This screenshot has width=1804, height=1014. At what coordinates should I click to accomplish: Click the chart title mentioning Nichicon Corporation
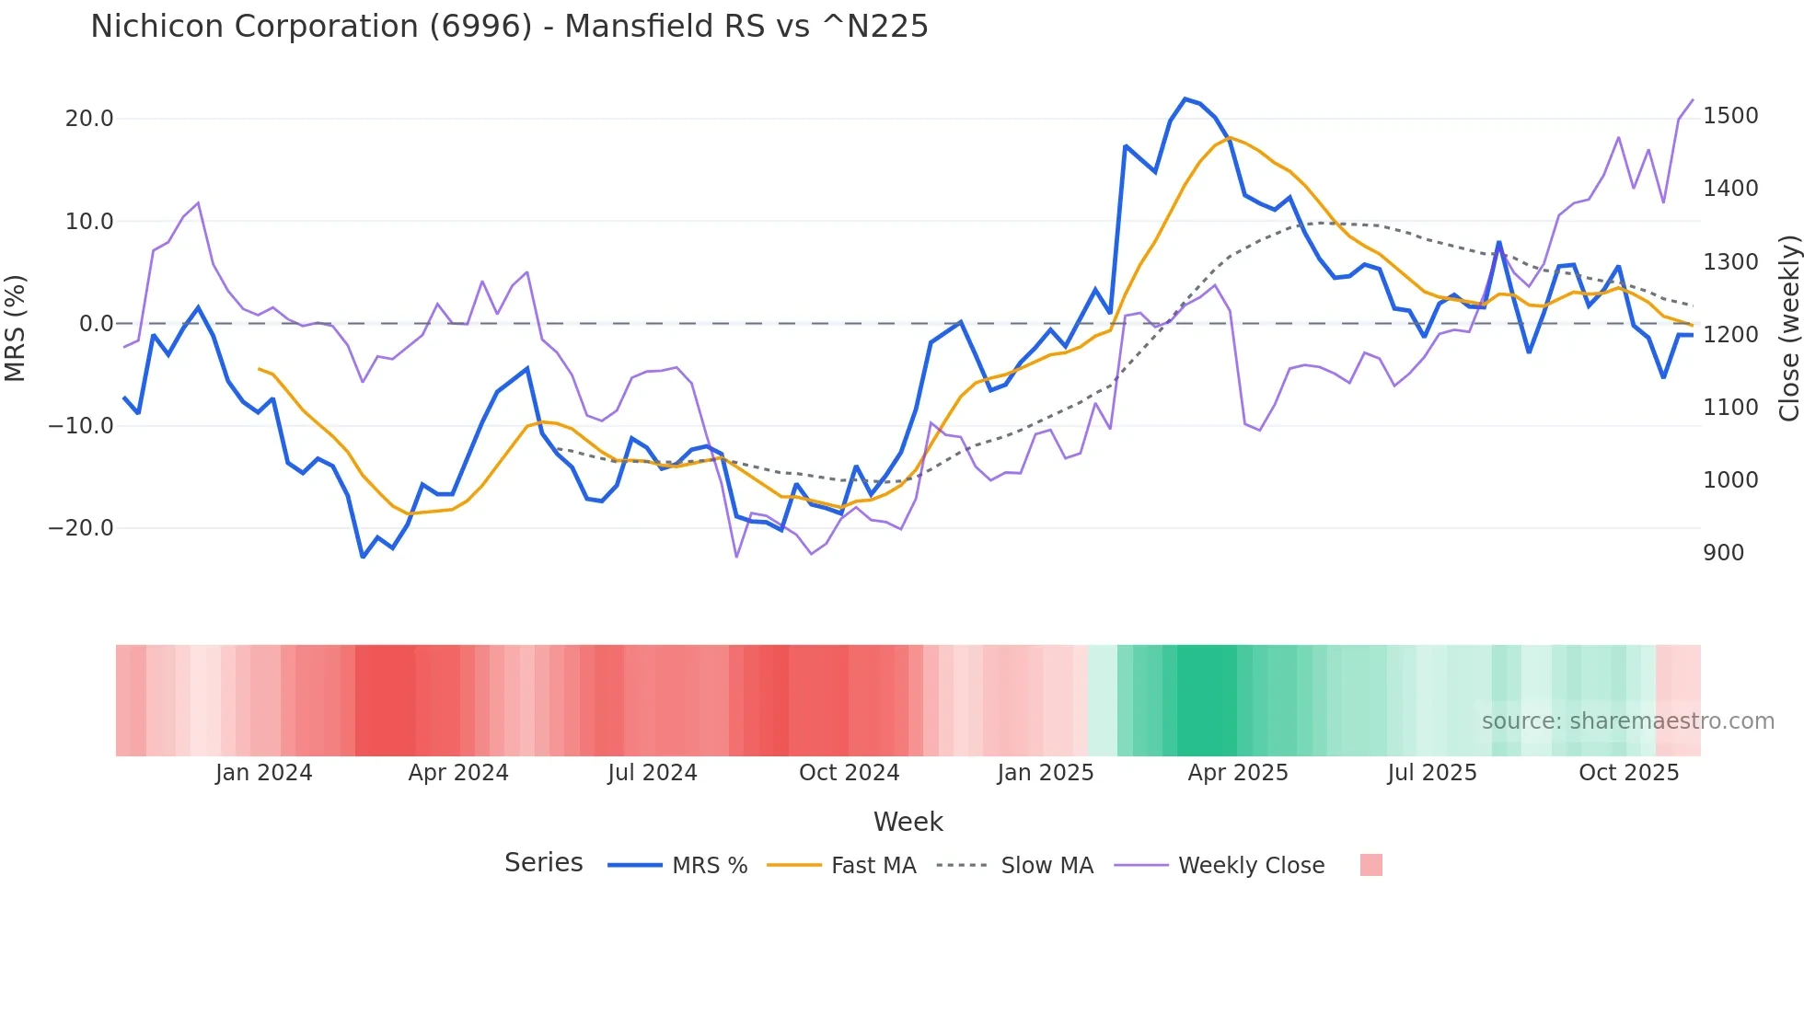pos(509,27)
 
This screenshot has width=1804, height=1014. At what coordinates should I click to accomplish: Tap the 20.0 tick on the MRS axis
pos(89,119)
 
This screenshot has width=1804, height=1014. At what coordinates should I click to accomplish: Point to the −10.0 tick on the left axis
pos(81,426)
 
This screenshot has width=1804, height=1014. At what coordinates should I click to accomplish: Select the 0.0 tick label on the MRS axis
pos(96,324)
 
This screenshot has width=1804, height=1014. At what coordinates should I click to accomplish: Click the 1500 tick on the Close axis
pos(1730,116)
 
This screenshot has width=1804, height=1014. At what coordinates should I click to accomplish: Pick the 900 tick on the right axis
pos(1723,553)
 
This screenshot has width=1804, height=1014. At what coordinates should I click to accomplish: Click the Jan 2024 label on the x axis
pos(264,773)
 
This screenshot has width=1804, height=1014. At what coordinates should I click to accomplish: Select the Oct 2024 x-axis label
pos(849,773)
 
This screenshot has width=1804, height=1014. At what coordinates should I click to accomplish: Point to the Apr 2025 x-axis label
pos(1238,773)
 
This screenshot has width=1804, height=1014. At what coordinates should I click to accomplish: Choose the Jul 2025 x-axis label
pos(1432,773)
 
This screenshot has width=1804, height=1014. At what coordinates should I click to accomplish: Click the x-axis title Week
pos(908,822)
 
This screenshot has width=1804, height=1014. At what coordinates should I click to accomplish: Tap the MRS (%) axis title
pos(16,328)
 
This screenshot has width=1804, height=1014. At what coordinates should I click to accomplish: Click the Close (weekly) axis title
pos(1788,328)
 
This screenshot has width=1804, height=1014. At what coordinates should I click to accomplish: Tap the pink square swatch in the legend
pos(1370,865)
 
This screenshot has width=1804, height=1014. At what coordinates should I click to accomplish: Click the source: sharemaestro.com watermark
pos(1627,721)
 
